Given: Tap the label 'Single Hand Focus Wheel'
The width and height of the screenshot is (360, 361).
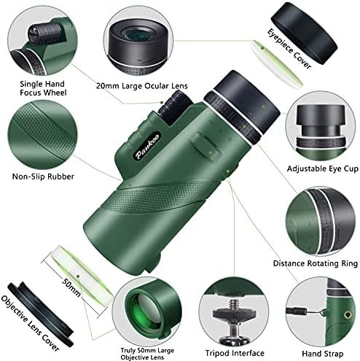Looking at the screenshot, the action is click(x=43, y=88).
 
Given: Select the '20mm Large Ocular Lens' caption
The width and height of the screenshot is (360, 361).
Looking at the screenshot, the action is click(x=142, y=86).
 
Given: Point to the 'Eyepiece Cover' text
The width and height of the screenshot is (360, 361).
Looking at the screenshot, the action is click(x=289, y=49).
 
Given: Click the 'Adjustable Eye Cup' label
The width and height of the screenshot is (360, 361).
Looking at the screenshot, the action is click(x=323, y=168).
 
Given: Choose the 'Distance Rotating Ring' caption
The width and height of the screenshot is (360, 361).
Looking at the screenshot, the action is click(x=316, y=263).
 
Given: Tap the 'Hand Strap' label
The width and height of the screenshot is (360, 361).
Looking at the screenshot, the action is click(x=323, y=354).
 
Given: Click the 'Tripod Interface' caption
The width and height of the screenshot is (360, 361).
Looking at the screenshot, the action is click(x=235, y=353).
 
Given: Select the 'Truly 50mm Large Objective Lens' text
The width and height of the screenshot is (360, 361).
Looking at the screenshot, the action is click(x=147, y=354).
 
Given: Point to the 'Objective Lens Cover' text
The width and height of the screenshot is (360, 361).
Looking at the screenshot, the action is click(x=30, y=324).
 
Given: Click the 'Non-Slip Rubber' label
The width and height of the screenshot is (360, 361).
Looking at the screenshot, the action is click(x=43, y=176).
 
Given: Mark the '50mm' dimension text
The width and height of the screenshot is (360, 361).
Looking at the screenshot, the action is click(x=71, y=287).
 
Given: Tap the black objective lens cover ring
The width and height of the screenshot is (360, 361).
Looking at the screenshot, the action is click(x=40, y=314).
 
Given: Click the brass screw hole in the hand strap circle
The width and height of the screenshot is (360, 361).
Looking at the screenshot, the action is click(x=348, y=315).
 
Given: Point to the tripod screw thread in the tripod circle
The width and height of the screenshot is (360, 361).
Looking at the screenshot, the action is click(x=234, y=304).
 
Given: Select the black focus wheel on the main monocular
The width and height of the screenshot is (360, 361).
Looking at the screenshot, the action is click(x=175, y=107).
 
